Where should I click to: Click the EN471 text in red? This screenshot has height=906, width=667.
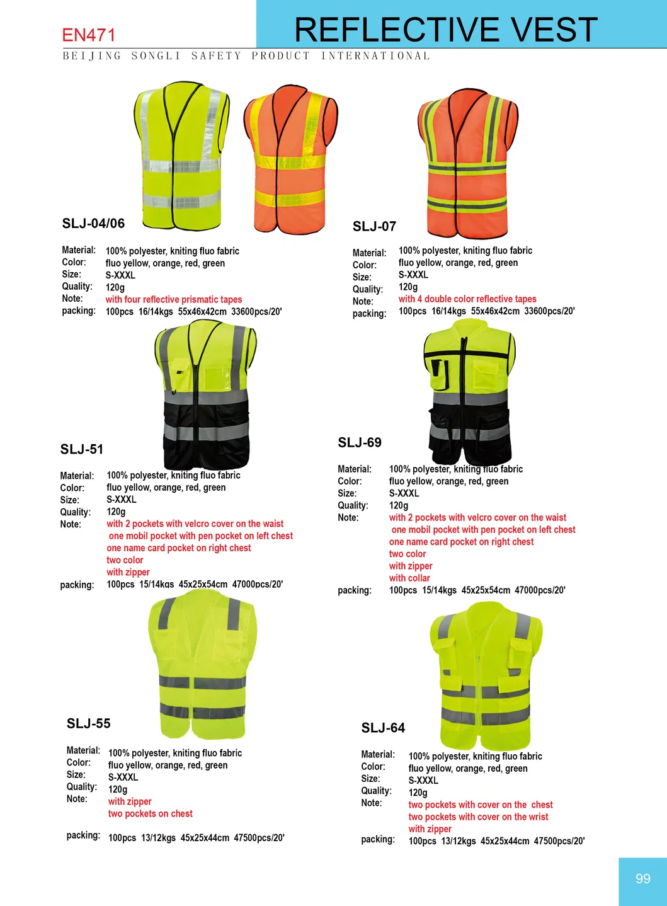point(89,35)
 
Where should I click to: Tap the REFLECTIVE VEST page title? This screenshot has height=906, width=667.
point(446,30)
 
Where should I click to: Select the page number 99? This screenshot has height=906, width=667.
point(642,879)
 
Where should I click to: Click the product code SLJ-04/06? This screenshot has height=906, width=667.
point(93,224)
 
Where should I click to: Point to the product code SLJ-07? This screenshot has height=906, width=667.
point(374,227)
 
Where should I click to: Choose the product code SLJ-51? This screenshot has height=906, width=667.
point(82,449)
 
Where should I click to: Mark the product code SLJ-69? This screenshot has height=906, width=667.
point(360,442)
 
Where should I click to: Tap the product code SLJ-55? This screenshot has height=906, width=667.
point(89,723)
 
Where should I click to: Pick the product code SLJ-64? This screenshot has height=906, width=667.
point(383,728)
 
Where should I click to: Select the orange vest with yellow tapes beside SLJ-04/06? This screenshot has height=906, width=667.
point(290,160)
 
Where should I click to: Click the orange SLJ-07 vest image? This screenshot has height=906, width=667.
point(468,163)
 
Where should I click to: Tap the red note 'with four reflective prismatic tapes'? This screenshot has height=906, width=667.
point(174,300)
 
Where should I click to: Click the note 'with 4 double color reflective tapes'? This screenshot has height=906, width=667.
point(467,299)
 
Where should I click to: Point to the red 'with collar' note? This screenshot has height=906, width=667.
point(409,578)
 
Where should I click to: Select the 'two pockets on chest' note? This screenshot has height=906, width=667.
point(151,814)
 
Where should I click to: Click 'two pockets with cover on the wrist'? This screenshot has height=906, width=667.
point(478,817)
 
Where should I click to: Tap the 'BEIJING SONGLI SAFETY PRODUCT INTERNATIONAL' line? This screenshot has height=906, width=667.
point(246,56)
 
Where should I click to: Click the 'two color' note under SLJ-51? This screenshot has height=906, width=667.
point(125,560)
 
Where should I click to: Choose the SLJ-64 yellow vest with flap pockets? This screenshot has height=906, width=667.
point(485,675)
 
